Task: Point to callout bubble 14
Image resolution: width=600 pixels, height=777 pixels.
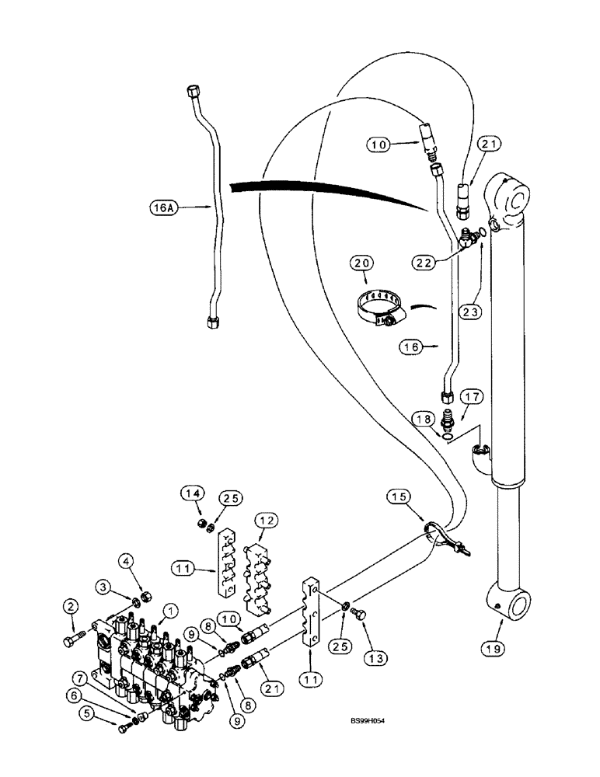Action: (192, 493)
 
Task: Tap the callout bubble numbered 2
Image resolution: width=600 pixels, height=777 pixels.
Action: (72, 606)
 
